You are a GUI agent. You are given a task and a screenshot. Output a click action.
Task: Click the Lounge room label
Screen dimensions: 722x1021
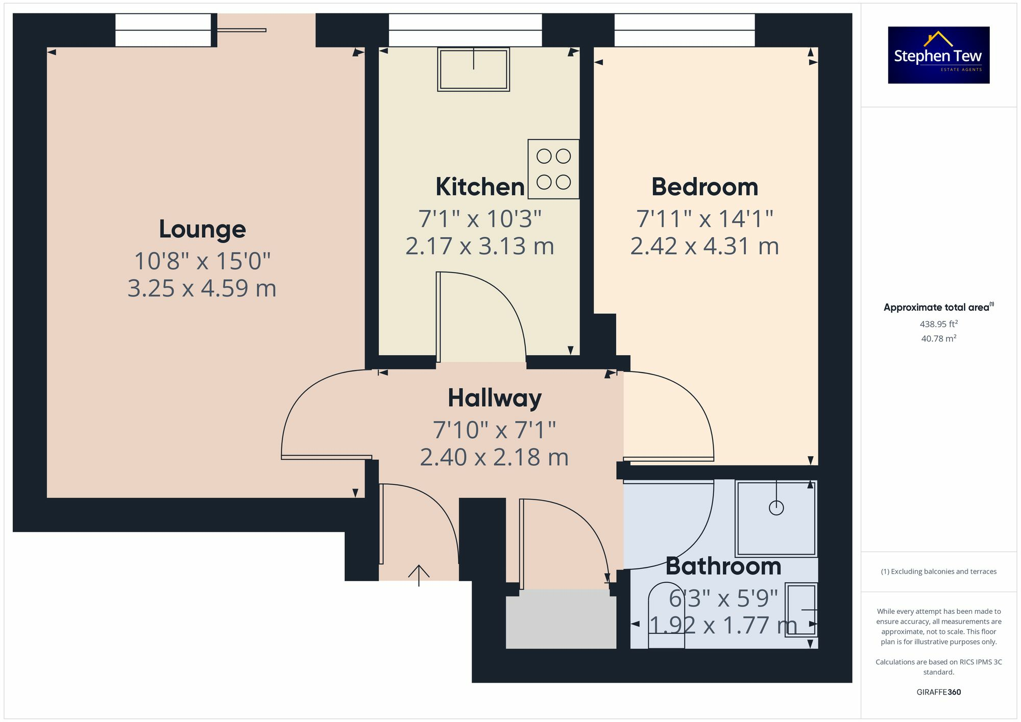coord(202,229)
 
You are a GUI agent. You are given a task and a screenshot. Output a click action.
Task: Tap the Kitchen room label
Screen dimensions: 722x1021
coord(480,187)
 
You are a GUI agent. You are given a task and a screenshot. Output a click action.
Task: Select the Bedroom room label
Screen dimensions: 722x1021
coord(704,187)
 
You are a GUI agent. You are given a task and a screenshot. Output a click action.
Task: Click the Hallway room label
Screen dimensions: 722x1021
coord(494,398)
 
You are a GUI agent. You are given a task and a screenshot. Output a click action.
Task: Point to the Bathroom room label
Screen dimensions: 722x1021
coord(723,566)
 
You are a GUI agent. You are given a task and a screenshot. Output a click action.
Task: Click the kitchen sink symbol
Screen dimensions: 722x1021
coord(473,70)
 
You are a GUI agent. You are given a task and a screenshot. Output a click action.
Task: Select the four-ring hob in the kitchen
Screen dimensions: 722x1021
coord(553,169)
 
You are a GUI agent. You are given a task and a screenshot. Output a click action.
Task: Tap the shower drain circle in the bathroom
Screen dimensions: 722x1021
coord(776,508)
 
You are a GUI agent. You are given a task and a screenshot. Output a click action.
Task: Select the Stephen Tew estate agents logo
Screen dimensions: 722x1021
coord(938,55)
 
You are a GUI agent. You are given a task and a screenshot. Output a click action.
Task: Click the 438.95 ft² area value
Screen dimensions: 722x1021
coord(938,324)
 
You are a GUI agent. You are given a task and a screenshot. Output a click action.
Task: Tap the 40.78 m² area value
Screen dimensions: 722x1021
coord(938,338)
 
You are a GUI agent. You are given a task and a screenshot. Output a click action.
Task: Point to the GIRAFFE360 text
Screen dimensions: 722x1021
coord(938,692)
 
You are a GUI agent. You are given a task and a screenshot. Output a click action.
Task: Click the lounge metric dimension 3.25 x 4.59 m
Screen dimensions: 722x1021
coord(202,288)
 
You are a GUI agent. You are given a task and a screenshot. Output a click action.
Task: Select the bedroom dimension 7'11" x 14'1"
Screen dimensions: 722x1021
coord(704,219)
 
